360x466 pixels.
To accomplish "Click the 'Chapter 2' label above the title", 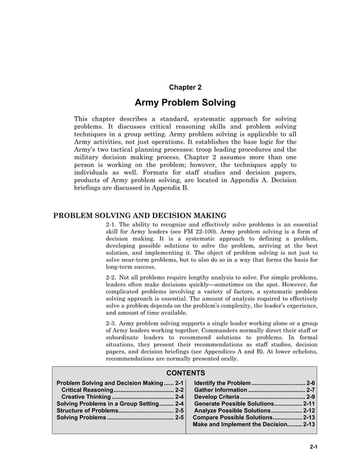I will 185,87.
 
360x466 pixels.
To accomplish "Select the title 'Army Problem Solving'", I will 185,103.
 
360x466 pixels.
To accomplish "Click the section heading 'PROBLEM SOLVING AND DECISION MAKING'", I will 139,215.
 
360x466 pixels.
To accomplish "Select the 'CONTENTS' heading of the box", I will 185,373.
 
